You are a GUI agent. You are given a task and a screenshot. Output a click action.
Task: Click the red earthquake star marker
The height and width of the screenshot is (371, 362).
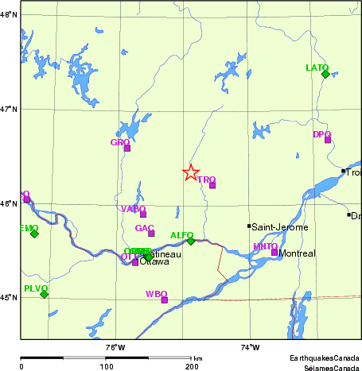(191, 172)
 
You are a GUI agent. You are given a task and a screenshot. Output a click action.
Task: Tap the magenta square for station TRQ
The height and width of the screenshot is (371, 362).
(212, 185)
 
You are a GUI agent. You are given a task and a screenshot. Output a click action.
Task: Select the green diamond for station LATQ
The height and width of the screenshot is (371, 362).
(325, 74)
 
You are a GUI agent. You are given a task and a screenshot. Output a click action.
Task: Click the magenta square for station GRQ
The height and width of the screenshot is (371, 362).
(127, 148)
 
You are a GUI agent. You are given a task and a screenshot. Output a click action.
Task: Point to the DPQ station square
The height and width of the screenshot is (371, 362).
(327, 140)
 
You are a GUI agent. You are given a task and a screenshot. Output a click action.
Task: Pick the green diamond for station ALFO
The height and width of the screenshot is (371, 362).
(191, 241)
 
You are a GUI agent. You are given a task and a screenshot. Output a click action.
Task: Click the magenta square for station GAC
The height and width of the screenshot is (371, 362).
(151, 234)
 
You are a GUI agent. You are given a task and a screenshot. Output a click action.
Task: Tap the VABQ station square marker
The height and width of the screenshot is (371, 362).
(143, 214)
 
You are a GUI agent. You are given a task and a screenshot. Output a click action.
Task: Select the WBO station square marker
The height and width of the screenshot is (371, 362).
(165, 300)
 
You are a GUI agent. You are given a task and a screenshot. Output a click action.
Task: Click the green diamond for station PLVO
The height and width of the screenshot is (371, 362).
(44, 294)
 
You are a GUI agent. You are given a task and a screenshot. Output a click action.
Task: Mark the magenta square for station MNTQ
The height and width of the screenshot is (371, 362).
(274, 252)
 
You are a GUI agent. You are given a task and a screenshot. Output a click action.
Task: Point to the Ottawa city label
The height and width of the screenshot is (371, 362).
(155, 262)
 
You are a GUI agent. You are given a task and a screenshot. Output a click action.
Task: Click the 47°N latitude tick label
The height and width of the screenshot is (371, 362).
(9, 109)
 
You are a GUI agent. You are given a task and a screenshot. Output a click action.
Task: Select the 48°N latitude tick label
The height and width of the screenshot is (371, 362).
(9, 14)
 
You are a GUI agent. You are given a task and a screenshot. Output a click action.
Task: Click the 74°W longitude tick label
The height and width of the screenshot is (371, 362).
(250, 346)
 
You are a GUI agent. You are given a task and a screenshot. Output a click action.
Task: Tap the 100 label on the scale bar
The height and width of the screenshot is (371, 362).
(106, 366)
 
